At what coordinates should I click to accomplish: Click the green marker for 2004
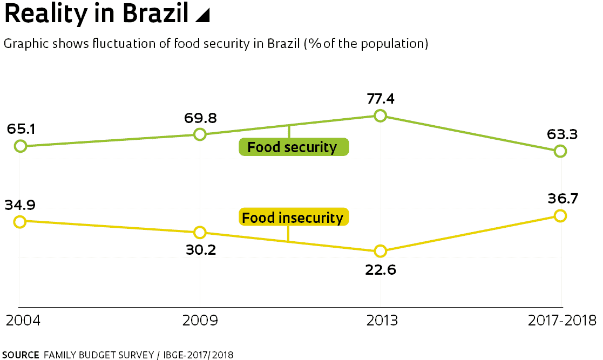pos(20,146)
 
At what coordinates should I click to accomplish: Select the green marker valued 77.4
pos(381,116)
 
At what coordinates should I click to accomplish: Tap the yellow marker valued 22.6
pos(381,251)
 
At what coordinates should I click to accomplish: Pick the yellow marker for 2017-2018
pos(560,216)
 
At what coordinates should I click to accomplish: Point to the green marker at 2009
pos(200,134)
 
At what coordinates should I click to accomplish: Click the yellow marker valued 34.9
pos(20,221)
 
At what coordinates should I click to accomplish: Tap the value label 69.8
pos(200,117)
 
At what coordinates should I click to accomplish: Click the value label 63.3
pos(561,134)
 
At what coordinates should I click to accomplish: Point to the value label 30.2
pos(200,250)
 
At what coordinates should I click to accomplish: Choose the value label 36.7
pos(561,198)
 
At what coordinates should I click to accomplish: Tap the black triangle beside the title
pos(202,16)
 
